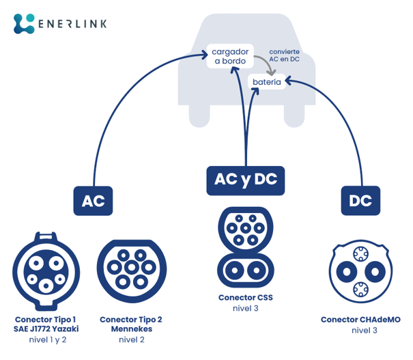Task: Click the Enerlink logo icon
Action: [24, 23]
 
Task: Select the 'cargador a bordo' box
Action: [230, 56]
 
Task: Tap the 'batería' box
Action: [266, 82]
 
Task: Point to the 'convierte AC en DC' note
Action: [284, 55]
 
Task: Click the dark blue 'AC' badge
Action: [93, 201]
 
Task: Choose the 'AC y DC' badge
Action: [245, 180]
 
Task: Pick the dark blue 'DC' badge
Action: [360, 201]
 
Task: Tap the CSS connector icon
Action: [245, 249]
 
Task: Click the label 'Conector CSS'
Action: [245, 298]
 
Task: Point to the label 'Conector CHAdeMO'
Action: [360, 319]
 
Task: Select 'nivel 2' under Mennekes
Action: [131, 340]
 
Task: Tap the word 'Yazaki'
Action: [65, 329]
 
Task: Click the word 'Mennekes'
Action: [131, 329]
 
